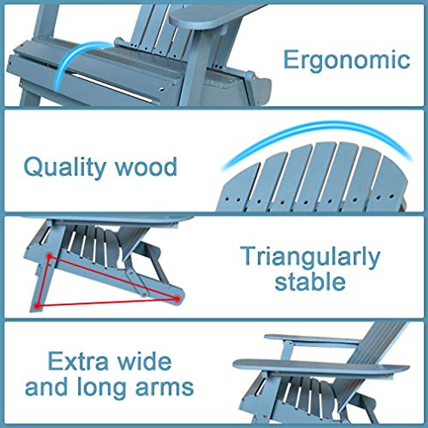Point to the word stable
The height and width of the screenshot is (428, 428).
[310, 281]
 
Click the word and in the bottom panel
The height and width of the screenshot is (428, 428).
[47, 387]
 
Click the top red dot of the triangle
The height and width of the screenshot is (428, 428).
[49, 256]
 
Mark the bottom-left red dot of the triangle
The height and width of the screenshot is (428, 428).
[37, 306]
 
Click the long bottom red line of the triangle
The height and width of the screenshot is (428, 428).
[107, 302]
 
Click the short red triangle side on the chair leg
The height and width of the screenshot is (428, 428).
[43, 281]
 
